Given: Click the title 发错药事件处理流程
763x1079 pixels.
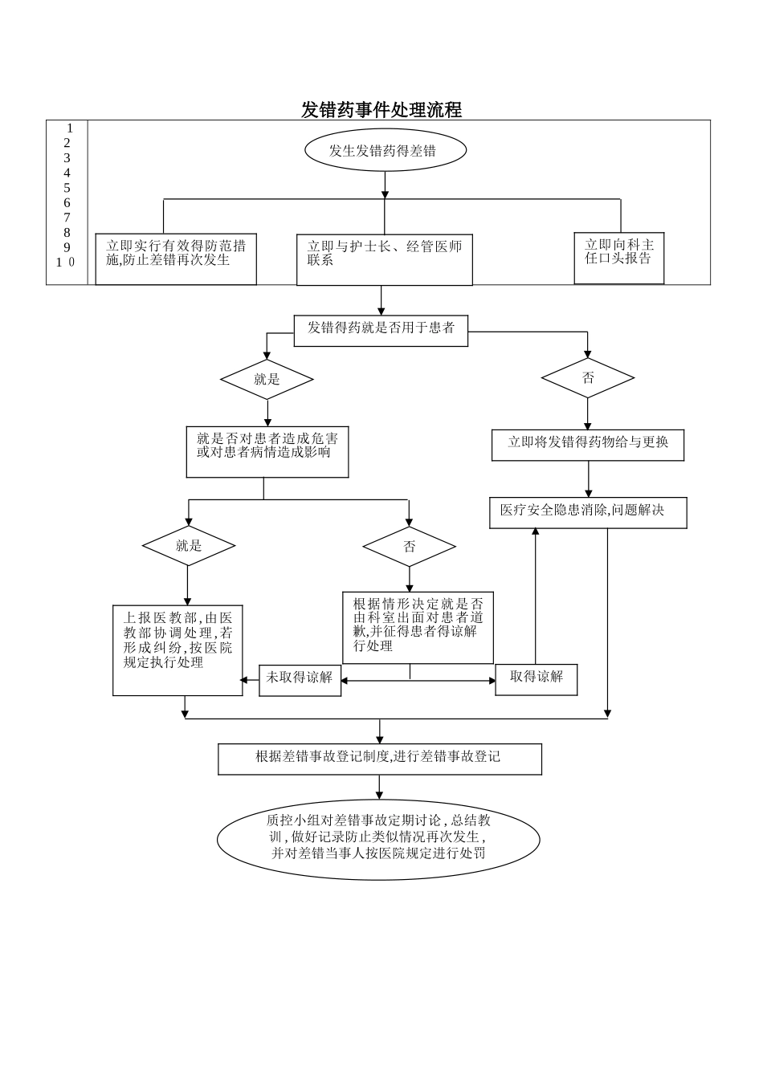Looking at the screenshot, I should point(381,110).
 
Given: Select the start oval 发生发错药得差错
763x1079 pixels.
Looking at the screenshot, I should point(385,150).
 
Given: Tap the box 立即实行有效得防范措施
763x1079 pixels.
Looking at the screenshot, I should point(176,259).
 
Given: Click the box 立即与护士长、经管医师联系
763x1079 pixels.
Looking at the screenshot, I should point(384,259).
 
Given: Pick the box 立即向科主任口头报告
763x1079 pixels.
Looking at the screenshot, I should point(618,258).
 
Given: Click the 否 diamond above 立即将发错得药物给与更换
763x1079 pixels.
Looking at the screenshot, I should point(588,378).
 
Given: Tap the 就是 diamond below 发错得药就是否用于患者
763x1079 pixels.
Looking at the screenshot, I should point(267,380).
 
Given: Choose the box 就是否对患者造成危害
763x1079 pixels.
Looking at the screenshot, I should point(267,452).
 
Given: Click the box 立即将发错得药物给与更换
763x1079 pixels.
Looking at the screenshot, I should point(588,444).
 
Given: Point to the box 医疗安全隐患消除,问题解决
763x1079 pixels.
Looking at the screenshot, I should point(588,512).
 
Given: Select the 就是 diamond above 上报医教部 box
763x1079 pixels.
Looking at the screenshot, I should point(189,546).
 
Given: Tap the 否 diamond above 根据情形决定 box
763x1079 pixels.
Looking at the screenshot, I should point(409,548).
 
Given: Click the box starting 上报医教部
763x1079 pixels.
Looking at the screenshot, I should point(177,649).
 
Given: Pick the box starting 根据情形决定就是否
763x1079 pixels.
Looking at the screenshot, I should point(418,628).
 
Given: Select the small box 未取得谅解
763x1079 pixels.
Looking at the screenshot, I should point(300,679).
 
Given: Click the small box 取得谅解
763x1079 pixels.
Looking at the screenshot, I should point(536,678).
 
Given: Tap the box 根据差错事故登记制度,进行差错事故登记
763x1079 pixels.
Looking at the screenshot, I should point(379,758).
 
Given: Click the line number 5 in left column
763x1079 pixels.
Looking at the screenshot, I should point(67,188).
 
